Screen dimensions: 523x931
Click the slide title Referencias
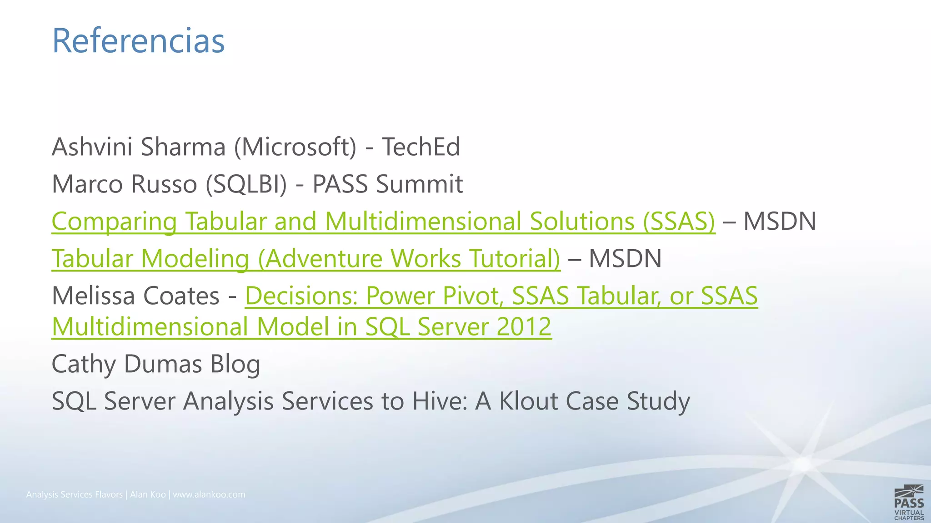(138, 41)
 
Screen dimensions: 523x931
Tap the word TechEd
(421, 147)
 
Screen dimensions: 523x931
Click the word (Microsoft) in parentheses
(295, 147)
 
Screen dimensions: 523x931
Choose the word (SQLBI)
(246, 184)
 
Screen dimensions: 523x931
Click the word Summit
(419, 184)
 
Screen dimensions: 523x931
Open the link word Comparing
(114, 222)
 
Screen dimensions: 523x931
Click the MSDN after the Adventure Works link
(625, 259)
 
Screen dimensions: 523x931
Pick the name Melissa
(94, 296)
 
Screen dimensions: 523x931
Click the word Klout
(529, 401)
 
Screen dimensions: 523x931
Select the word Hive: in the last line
(440, 401)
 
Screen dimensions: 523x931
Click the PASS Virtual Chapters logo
(909, 503)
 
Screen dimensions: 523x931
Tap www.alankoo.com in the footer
(209, 494)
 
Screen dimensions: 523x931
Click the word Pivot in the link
(473, 296)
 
